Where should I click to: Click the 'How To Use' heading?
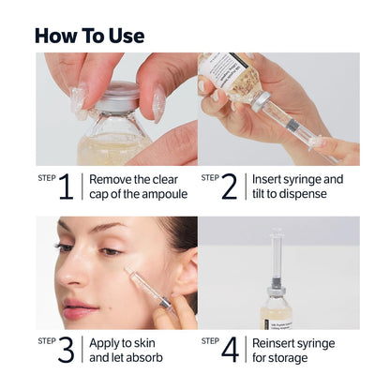89,36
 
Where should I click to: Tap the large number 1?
66,186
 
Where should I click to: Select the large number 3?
66,350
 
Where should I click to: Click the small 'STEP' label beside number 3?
46,340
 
